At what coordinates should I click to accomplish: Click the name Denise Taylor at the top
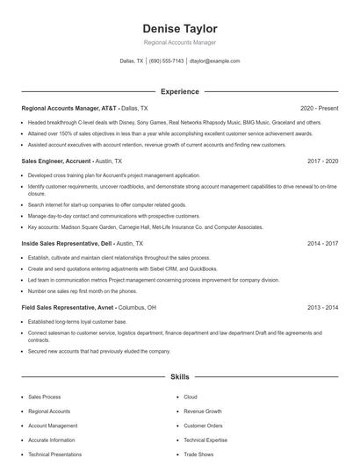pos(179,28)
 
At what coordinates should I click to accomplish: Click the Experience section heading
pos(179,91)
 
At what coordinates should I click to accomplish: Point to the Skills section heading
pos(179,376)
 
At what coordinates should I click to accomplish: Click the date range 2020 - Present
pos(319,108)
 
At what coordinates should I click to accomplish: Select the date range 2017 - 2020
pos(322,161)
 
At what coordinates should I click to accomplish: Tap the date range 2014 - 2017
pos(322,243)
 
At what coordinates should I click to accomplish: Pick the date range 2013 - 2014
pos(322,308)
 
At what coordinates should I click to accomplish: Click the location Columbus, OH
pos(139,308)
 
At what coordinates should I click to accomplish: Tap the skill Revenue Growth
pos(202,411)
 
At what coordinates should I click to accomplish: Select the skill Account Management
pos(52,426)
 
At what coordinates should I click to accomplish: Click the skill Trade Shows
pos(198,454)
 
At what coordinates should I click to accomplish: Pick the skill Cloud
pos(191,397)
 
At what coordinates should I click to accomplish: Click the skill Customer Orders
pos(203,426)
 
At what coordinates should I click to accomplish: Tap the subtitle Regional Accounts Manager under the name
pos(179,42)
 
